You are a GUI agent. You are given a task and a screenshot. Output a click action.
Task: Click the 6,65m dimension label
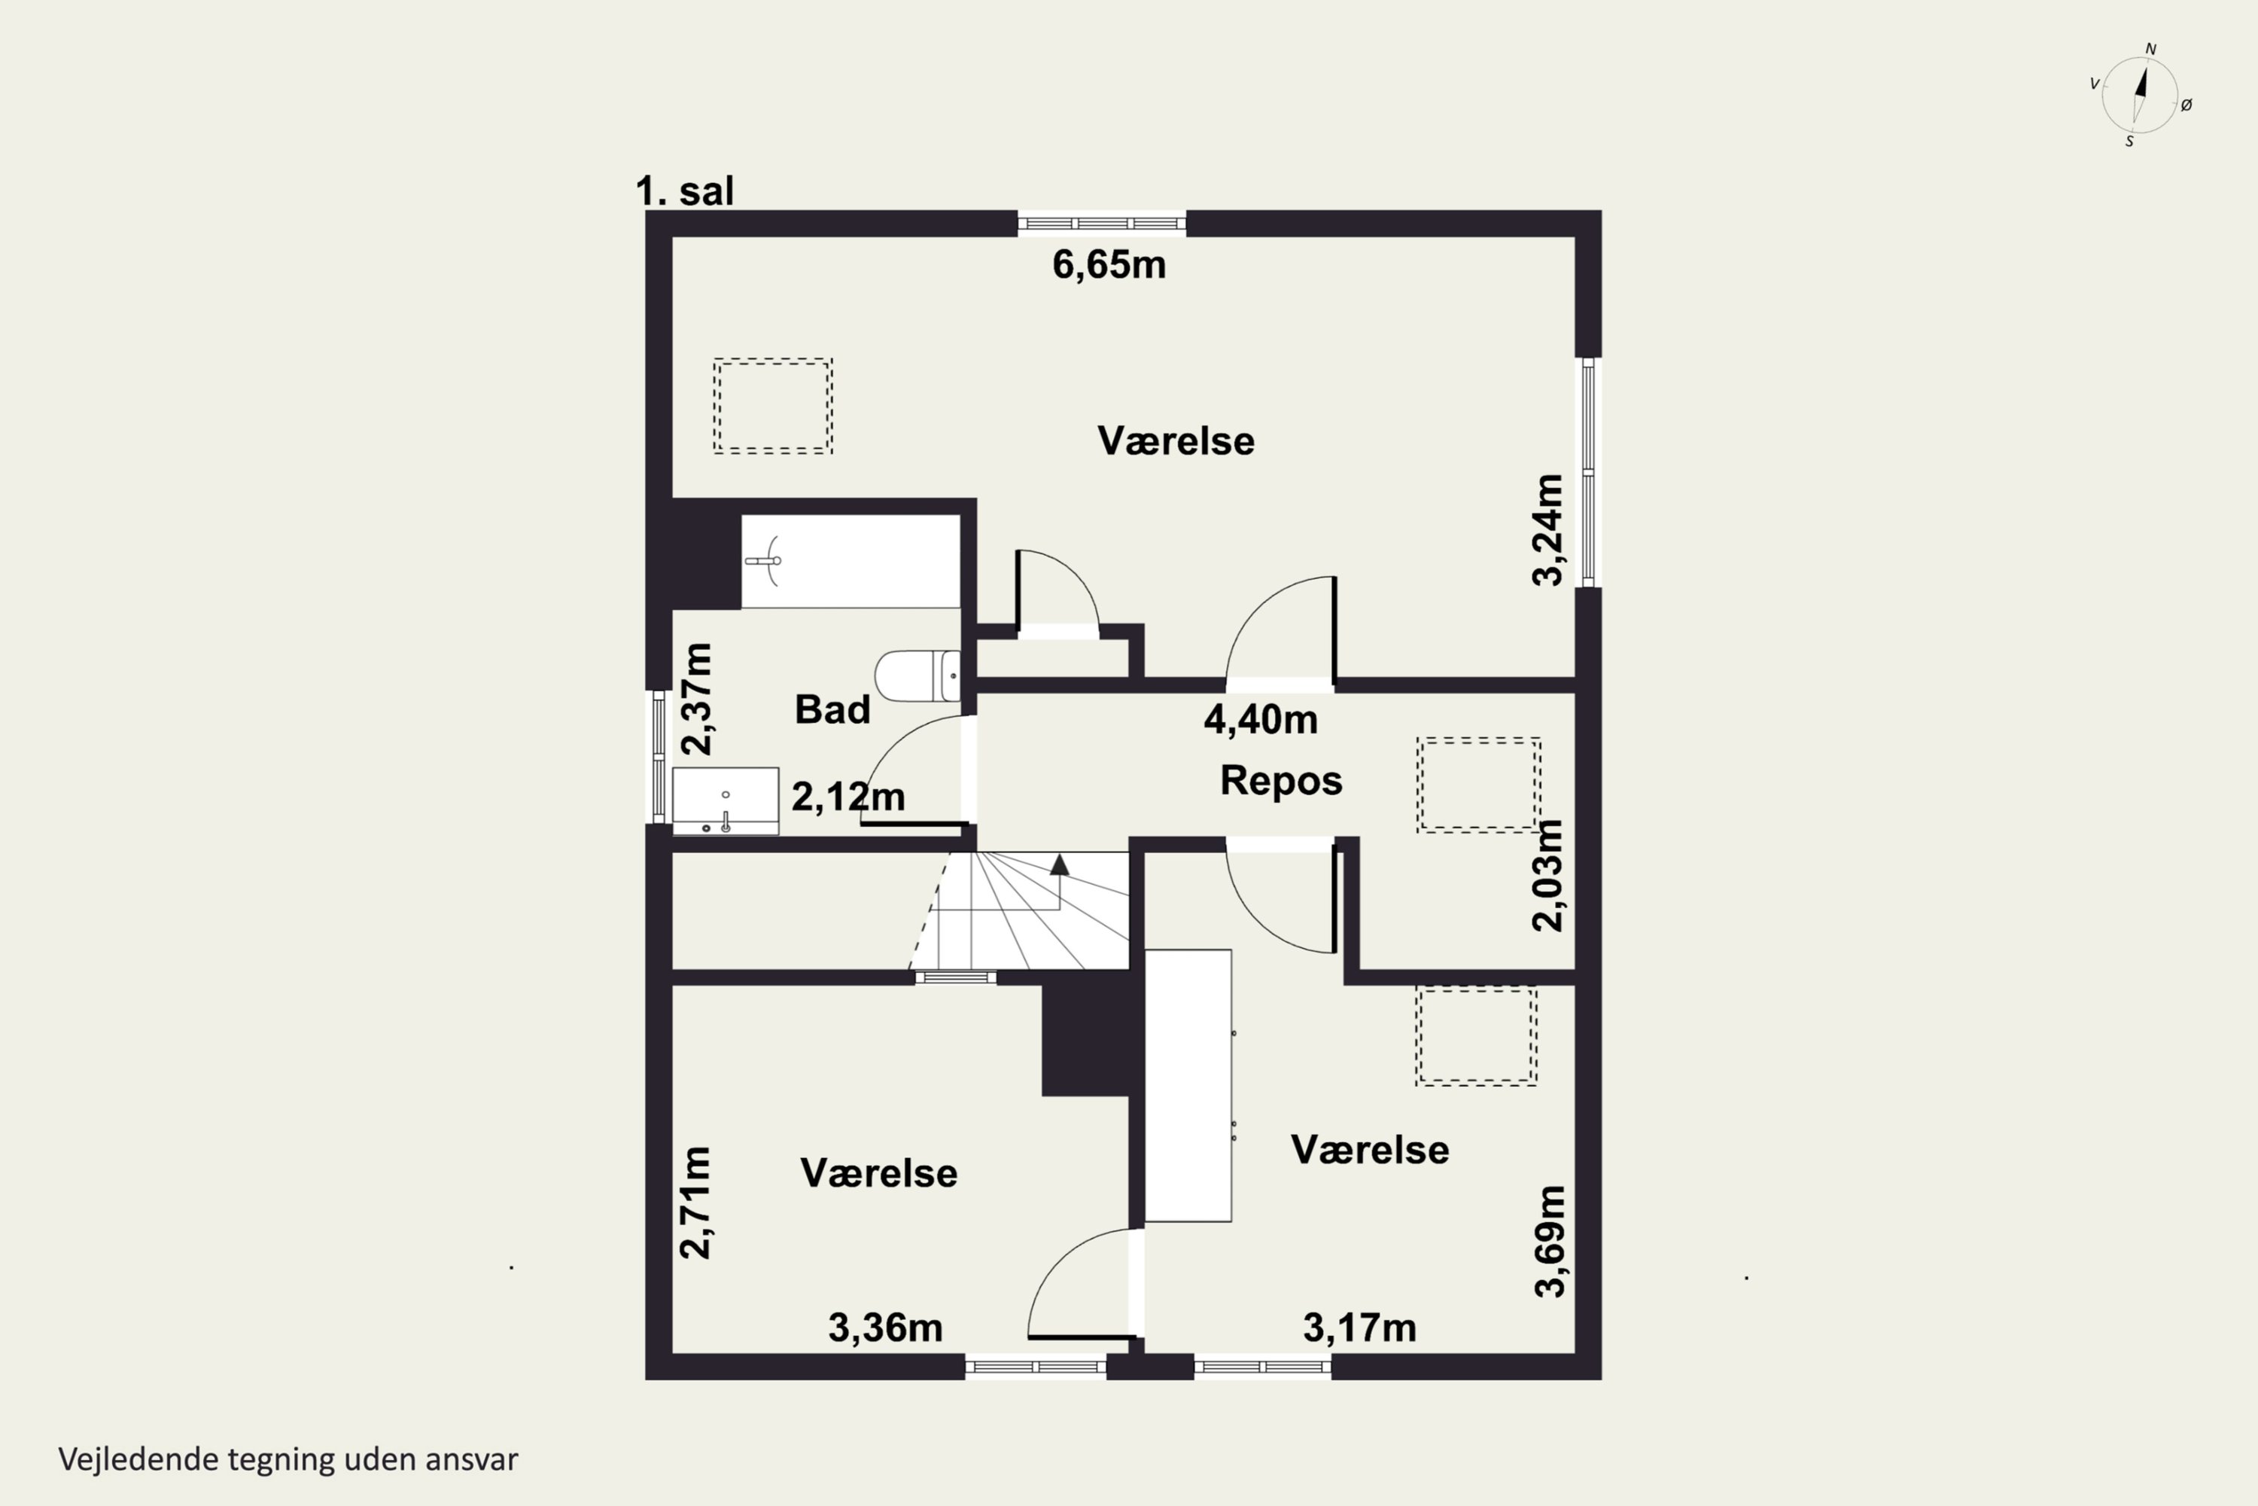pyautogui.click(x=1109, y=264)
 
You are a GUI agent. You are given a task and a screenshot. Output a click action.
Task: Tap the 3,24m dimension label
pyautogui.click(x=1547, y=529)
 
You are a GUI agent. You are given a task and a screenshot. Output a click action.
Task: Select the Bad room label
pyautogui.click(x=832, y=710)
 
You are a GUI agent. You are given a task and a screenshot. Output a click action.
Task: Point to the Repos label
pyautogui.click(x=1281, y=781)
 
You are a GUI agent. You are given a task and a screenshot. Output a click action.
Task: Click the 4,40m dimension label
pyautogui.click(x=1261, y=719)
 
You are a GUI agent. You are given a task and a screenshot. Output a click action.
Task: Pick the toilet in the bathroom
pyautogui.click(x=917, y=675)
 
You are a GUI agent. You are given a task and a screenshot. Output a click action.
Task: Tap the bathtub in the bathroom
pyautogui.click(x=851, y=561)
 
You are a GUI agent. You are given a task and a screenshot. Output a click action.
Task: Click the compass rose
pyautogui.click(x=2140, y=94)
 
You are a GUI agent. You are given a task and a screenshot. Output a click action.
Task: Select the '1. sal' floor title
pyautogui.click(x=684, y=191)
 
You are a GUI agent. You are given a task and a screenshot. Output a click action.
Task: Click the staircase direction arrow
pyautogui.click(x=1059, y=864)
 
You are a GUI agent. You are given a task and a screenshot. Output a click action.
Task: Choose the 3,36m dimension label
pyautogui.click(x=885, y=1328)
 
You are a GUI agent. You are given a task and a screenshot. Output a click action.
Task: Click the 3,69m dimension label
pyautogui.click(x=1550, y=1241)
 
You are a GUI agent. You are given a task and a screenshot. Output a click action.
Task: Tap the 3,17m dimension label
pyautogui.click(x=1359, y=1328)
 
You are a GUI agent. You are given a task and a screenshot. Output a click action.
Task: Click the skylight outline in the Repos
pyautogui.click(x=1478, y=785)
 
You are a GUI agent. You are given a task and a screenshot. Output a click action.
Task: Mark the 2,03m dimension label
pyautogui.click(x=1547, y=875)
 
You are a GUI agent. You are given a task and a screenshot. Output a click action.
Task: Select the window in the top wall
pyautogui.click(x=1102, y=224)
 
